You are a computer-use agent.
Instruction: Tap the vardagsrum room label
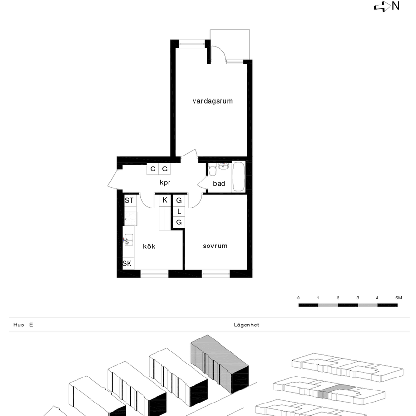tap(212, 101)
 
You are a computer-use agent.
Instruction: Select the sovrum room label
tap(215, 246)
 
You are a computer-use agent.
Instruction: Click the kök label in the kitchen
tap(149, 247)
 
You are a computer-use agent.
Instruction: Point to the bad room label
tap(219, 184)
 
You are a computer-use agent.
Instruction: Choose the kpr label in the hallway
tap(166, 182)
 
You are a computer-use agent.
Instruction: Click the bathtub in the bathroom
tap(239, 177)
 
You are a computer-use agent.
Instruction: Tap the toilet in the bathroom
tap(212, 171)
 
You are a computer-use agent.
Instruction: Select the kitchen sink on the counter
tap(129, 239)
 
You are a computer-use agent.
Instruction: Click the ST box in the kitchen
tap(129, 200)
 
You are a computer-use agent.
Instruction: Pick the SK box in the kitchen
tap(127, 263)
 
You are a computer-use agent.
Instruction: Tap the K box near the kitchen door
tap(165, 200)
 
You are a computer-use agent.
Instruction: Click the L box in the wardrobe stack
tap(179, 211)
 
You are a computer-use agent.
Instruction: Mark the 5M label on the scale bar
tap(398, 298)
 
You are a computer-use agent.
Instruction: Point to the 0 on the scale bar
tap(299, 298)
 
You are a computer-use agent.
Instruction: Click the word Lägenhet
tap(246, 325)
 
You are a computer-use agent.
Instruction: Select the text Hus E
tap(23, 325)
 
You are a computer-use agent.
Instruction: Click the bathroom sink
tap(223, 167)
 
